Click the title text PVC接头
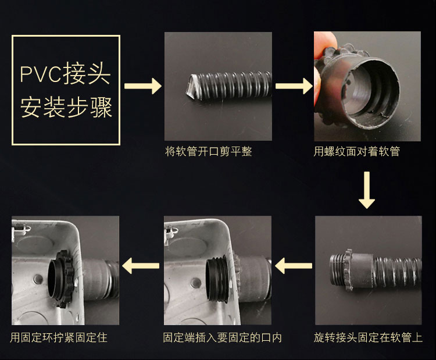point(65,73)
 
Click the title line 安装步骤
point(66,107)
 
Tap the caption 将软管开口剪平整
point(209,152)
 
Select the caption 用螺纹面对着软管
point(357,152)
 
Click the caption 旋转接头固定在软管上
point(368,337)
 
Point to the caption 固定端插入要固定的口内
point(223,337)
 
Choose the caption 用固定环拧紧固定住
point(59,337)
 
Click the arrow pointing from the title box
point(143,86)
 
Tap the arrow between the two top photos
point(294,86)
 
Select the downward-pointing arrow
point(367,190)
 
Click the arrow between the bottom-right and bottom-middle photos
point(294,266)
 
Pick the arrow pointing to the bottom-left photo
point(141,266)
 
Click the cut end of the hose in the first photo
point(192,86)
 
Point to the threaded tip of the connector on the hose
point(337,270)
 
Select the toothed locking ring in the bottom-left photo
point(64,279)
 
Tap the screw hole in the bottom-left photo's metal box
point(38,279)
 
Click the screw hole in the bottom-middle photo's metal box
point(196,283)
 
